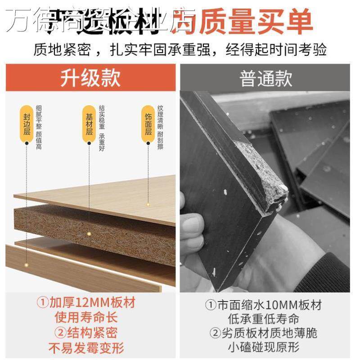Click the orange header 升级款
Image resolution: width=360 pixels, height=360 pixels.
tap(90, 77)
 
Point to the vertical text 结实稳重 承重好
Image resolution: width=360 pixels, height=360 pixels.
tap(101, 128)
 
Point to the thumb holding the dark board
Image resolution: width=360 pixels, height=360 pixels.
tap(191, 225)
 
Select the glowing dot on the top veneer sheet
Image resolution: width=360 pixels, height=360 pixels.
tap(148, 204)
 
